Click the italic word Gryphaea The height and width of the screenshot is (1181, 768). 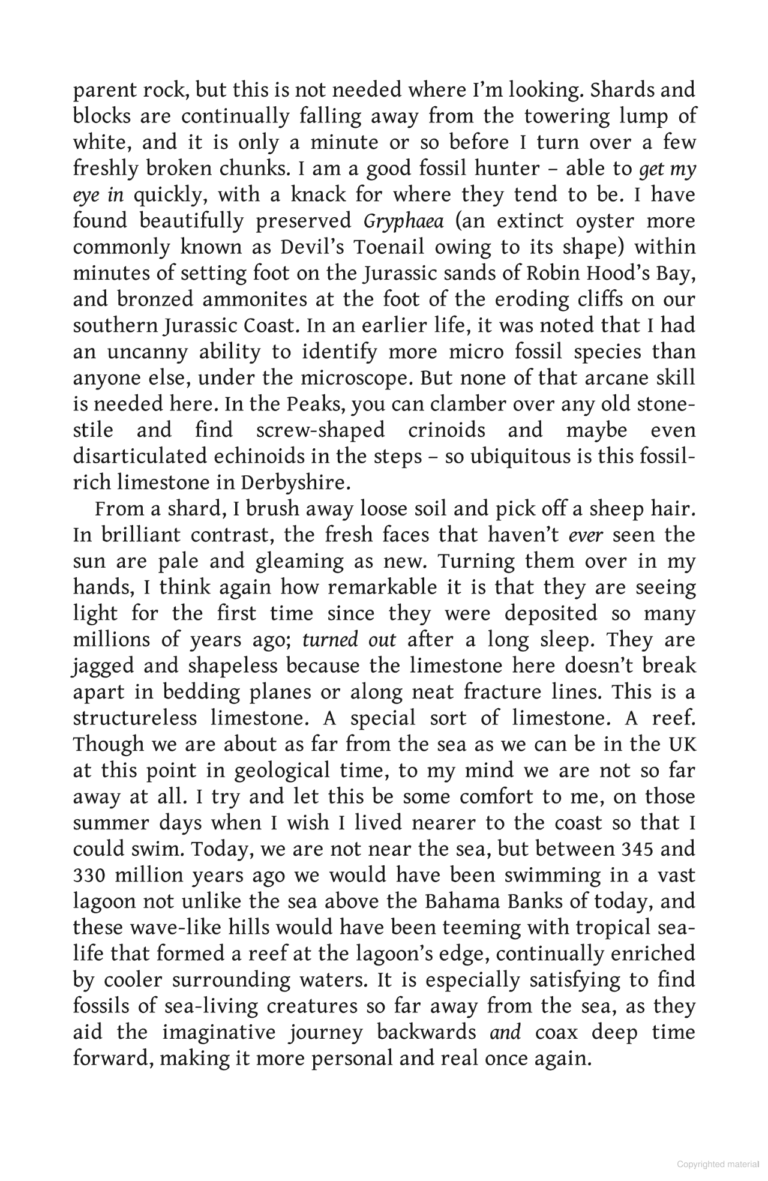pos(403,221)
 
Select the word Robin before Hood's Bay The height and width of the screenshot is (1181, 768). pos(552,273)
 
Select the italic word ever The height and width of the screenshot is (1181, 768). pos(585,535)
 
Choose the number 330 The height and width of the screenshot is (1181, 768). pos(89,876)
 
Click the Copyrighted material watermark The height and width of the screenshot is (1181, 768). pos(718,1164)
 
